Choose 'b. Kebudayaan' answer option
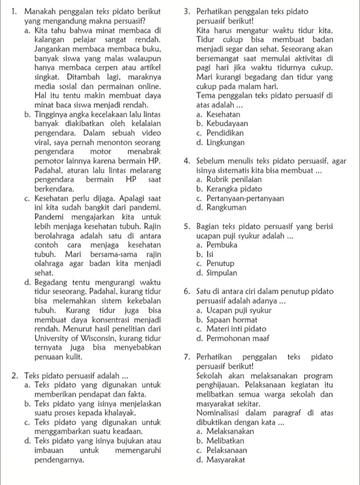click(222, 123)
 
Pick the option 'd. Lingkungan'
click(221, 142)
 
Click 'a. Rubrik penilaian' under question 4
click(229, 180)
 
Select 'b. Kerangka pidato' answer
click(229, 189)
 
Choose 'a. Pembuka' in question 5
click(217, 245)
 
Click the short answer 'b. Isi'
click(205, 254)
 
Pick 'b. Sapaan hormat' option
click(227, 320)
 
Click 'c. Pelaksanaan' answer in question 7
click(222, 450)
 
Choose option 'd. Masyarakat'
click(221, 460)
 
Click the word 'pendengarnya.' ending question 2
click(59, 460)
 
